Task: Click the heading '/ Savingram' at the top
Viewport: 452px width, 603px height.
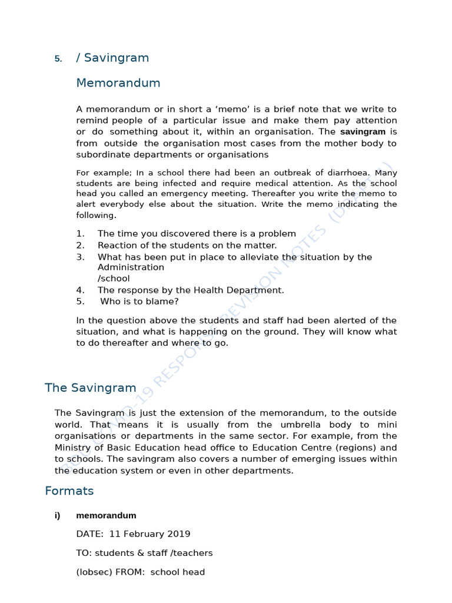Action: tap(112, 58)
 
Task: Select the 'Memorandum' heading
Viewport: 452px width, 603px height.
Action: tap(118, 83)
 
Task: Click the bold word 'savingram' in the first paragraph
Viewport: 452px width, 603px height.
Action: tap(363, 132)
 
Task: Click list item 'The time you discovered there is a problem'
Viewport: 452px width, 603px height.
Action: tap(197, 234)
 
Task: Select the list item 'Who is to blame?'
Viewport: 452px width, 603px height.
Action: tap(139, 301)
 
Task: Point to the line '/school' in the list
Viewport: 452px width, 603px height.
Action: tap(114, 279)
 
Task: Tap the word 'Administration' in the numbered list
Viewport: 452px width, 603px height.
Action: tap(131, 267)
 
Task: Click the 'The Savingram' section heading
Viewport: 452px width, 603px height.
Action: tap(91, 388)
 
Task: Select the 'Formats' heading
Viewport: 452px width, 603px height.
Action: tap(69, 491)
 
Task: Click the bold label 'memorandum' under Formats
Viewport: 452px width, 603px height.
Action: tap(106, 515)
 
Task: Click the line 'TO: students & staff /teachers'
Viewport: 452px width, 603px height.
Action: tap(144, 553)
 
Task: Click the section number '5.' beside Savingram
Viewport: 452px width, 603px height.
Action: tap(58, 58)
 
